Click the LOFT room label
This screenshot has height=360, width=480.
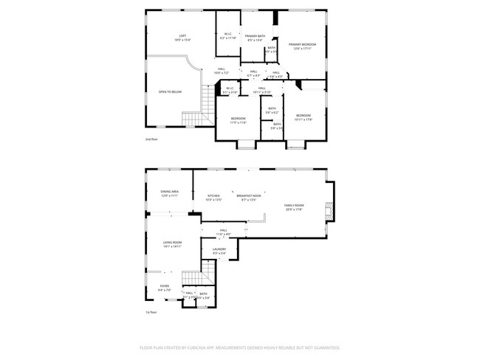pos(182,37)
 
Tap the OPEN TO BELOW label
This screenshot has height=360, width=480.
pos(170,91)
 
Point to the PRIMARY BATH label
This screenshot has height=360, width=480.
pos(255,37)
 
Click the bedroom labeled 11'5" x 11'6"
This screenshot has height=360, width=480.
pos(238,120)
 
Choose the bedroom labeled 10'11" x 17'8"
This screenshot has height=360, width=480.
pos(304,116)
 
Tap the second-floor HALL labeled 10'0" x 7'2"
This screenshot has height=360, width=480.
pos(222,71)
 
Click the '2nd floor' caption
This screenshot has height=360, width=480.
pos(151,139)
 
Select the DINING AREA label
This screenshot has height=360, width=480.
pos(170,193)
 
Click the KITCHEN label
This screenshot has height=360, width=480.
pos(213,196)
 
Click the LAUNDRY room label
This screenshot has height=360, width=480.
pos(219,249)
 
